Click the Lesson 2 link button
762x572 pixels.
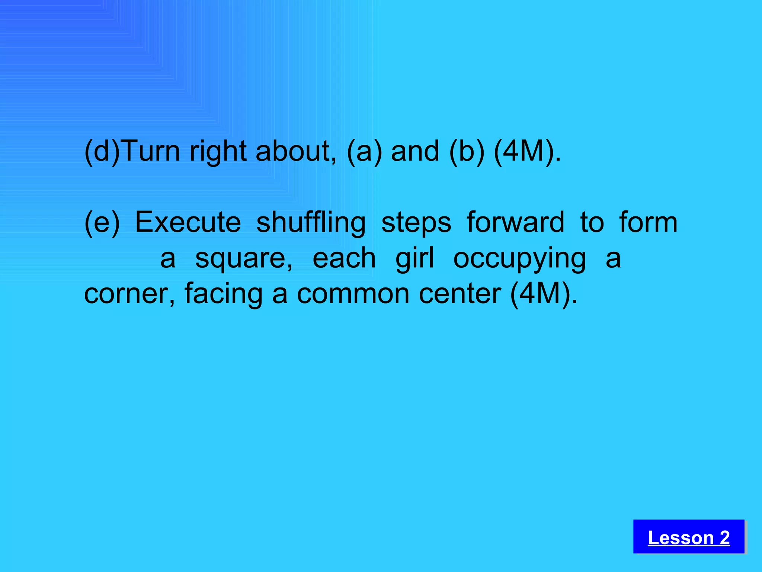pos(689,537)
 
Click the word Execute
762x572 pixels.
pos(188,222)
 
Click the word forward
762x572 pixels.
pos(515,222)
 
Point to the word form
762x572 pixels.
pos(648,222)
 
